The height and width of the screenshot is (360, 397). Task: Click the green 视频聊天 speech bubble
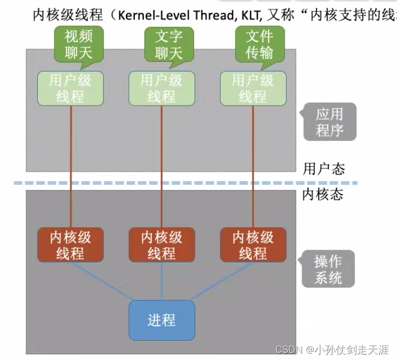coord(78,44)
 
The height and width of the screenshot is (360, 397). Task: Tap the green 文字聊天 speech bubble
coord(168,44)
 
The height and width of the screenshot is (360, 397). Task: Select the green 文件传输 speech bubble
coord(260,44)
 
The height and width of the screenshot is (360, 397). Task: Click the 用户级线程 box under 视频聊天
coord(70,89)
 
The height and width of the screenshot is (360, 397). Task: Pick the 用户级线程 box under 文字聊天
coord(161,89)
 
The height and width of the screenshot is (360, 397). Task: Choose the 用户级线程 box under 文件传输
coord(253,89)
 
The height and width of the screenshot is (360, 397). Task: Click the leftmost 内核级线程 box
coord(70,245)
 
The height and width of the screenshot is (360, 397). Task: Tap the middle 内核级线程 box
coord(161,245)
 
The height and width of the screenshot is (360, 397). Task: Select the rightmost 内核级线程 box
coord(253,245)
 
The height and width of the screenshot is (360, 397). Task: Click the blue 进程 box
coord(161,320)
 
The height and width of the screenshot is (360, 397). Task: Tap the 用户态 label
coord(323,169)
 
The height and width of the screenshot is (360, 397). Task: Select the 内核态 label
coord(322,194)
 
